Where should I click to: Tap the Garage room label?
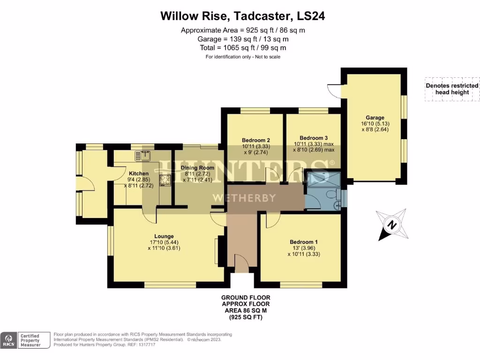(x=375, y=118)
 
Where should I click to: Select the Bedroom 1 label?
(x=303, y=242)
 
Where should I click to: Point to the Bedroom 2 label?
(x=256, y=140)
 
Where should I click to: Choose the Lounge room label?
(x=164, y=236)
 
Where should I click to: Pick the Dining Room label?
(x=199, y=167)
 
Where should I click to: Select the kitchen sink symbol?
(x=142, y=155)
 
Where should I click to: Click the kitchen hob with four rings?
(x=165, y=180)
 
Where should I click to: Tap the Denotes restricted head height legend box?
(x=452, y=89)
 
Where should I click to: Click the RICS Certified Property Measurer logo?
(x=26, y=340)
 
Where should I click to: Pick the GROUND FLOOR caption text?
(x=246, y=298)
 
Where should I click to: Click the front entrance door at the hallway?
(x=242, y=265)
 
